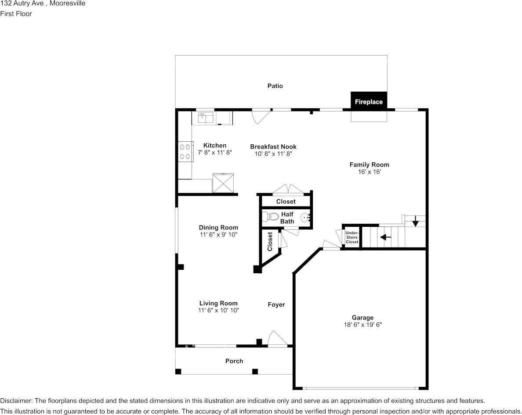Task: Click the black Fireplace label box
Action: pos(369,101)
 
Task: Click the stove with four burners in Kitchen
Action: pos(185,151)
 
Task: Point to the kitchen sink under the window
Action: pos(205,117)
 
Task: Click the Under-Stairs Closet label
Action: pos(352,237)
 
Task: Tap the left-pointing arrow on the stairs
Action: pos(385,237)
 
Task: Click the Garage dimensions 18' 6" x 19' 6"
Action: pos(362,325)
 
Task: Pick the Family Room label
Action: pos(369,165)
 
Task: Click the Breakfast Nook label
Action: pos(273,147)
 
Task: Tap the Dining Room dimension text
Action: pos(218,235)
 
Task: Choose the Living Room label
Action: pos(218,303)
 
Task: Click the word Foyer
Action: pos(276,304)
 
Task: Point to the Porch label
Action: pos(234,361)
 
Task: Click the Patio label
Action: pos(275,86)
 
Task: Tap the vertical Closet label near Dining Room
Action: pos(270,242)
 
